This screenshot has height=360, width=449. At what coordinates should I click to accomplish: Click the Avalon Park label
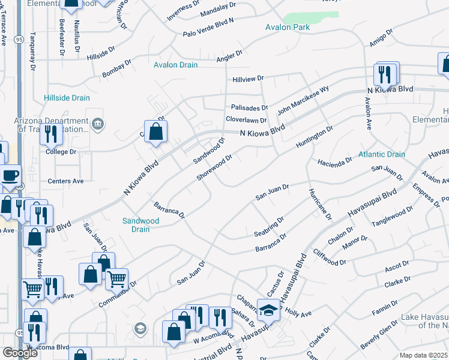click(x=288, y=28)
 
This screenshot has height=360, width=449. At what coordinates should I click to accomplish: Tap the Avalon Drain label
click(x=175, y=65)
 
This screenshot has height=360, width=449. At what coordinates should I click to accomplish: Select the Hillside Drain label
click(x=67, y=98)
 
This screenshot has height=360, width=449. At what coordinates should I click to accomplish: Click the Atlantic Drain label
click(x=382, y=154)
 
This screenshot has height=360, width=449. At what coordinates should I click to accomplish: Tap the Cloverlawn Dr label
click(x=246, y=120)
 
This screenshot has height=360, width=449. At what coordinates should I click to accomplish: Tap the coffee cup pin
click(x=9, y=176)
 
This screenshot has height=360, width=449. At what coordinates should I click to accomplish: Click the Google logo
click(x=20, y=353)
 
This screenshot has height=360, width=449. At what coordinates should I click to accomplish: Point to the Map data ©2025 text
click(x=424, y=355)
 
